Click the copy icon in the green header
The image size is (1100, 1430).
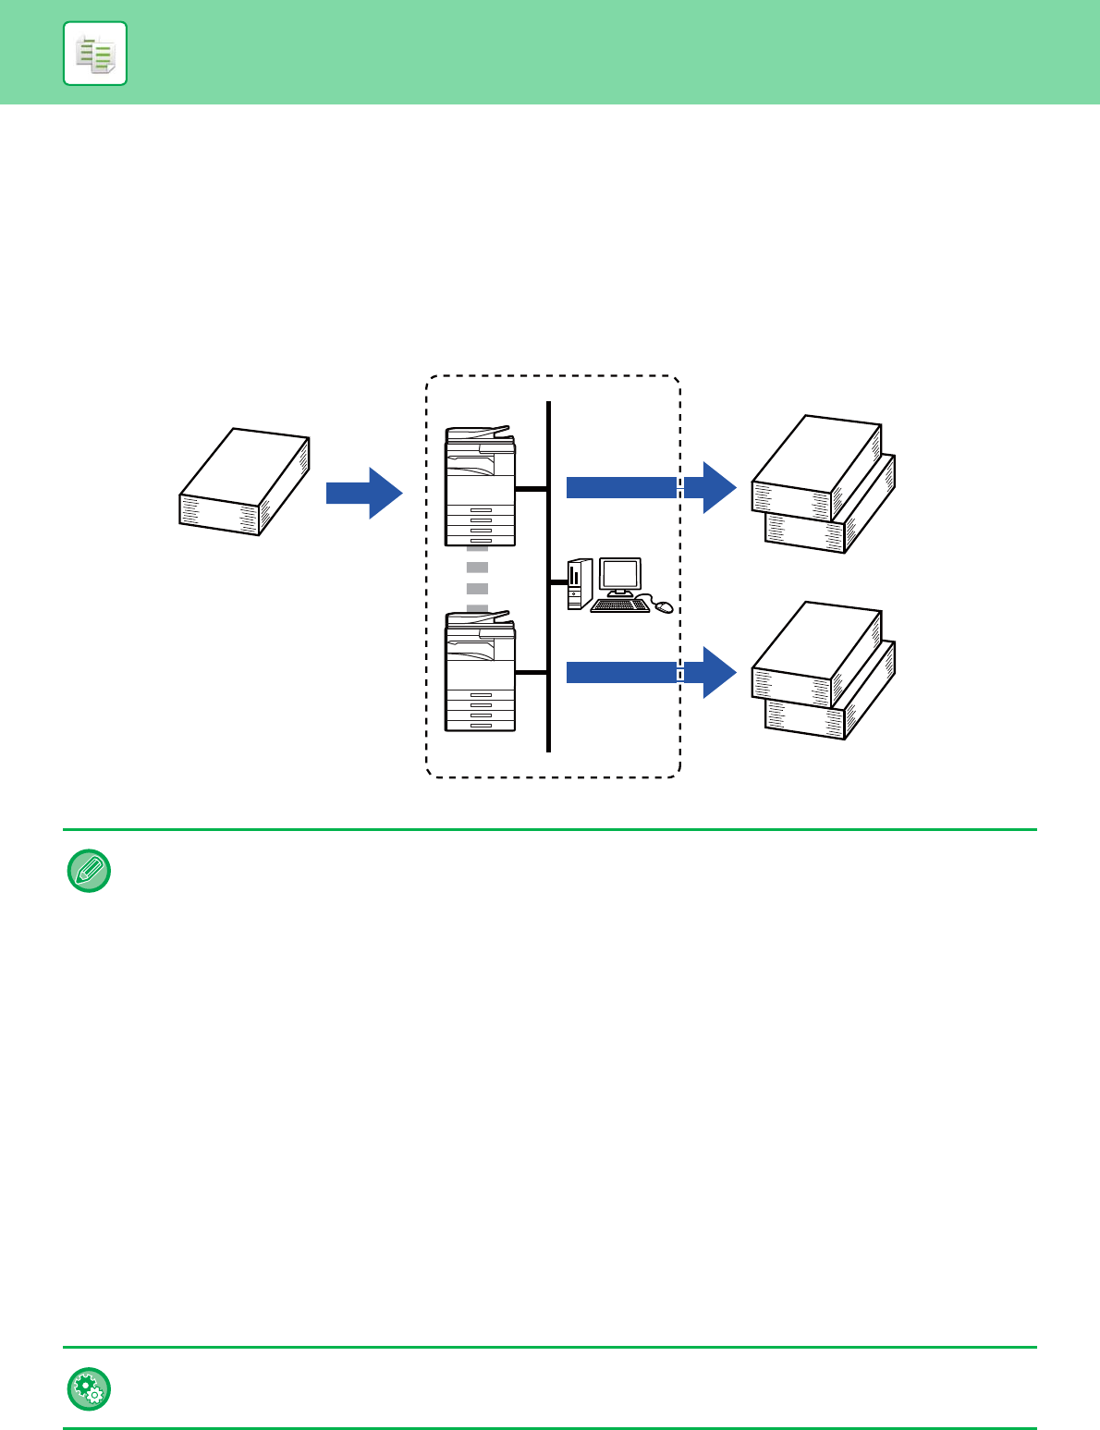coord(95,54)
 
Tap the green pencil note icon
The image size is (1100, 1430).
coord(89,871)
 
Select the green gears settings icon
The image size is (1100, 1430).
coord(89,1388)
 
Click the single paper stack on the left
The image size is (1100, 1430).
coord(244,482)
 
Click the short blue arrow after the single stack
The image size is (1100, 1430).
coord(364,493)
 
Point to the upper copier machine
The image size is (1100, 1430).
coord(480,487)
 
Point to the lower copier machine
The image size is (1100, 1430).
coord(480,671)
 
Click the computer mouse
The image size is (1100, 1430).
coord(664,606)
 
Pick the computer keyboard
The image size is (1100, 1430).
coord(619,605)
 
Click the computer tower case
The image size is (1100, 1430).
coord(578,583)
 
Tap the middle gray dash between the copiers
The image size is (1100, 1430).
coord(477,589)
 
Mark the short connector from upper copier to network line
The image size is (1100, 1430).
coord(532,489)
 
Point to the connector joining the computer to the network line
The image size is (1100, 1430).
coord(557,582)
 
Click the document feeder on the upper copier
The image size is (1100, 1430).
coord(478,433)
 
